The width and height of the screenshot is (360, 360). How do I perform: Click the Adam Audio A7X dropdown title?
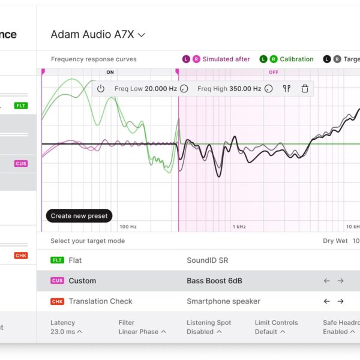[x=98, y=34]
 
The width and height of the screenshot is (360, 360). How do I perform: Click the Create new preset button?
[x=79, y=216]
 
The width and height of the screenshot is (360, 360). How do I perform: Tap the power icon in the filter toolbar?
[x=101, y=89]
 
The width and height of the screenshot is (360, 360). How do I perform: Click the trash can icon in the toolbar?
[x=305, y=89]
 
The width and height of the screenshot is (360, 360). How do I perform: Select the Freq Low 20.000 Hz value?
[x=146, y=89]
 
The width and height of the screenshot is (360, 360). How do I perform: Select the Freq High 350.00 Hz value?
[x=229, y=89]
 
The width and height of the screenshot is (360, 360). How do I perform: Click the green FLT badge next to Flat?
[x=58, y=260]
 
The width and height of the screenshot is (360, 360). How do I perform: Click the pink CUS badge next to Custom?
[x=58, y=281]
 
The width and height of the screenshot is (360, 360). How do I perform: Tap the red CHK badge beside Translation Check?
[x=58, y=301]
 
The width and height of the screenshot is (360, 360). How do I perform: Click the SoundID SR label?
[x=207, y=260]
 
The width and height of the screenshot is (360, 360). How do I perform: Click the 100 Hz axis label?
[x=128, y=227]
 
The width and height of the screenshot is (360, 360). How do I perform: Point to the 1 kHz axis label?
[x=240, y=227]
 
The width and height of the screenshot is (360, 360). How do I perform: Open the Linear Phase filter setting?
[x=142, y=332]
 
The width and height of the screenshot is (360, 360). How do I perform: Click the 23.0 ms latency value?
[x=66, y=332]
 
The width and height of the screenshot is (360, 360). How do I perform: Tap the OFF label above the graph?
[x=274, y=72]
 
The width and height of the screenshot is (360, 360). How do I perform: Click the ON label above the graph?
[x=110, y=72]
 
